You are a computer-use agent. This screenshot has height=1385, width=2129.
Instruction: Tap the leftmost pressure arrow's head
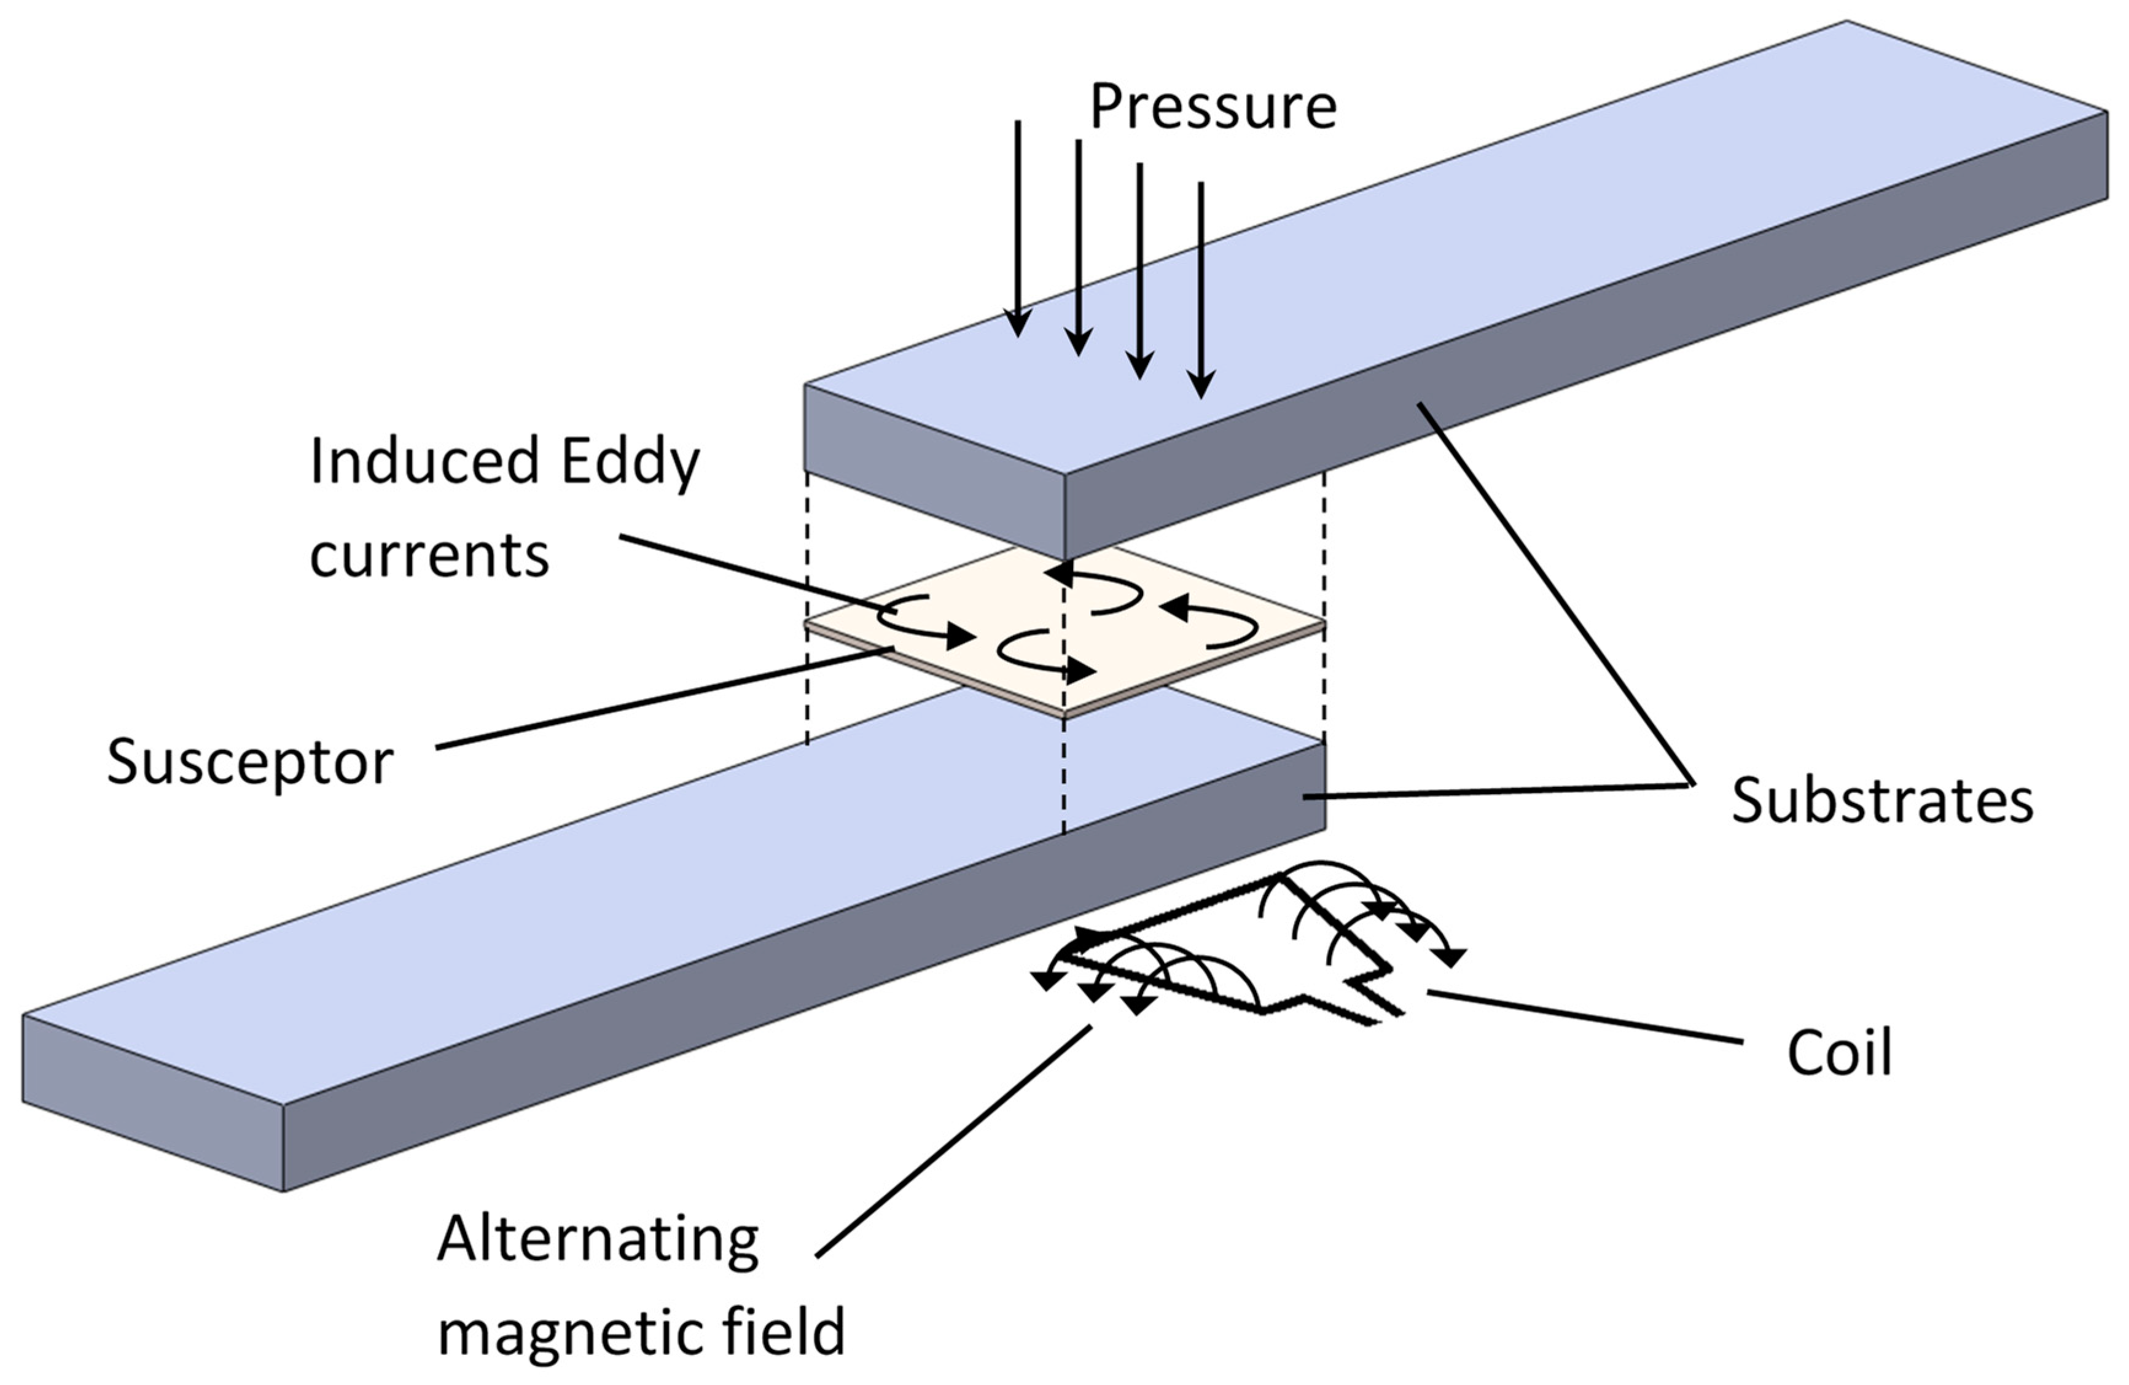1018,324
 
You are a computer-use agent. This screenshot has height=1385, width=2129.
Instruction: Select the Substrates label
1882,801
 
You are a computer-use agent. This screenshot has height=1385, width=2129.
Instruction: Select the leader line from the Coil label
1584,1016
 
